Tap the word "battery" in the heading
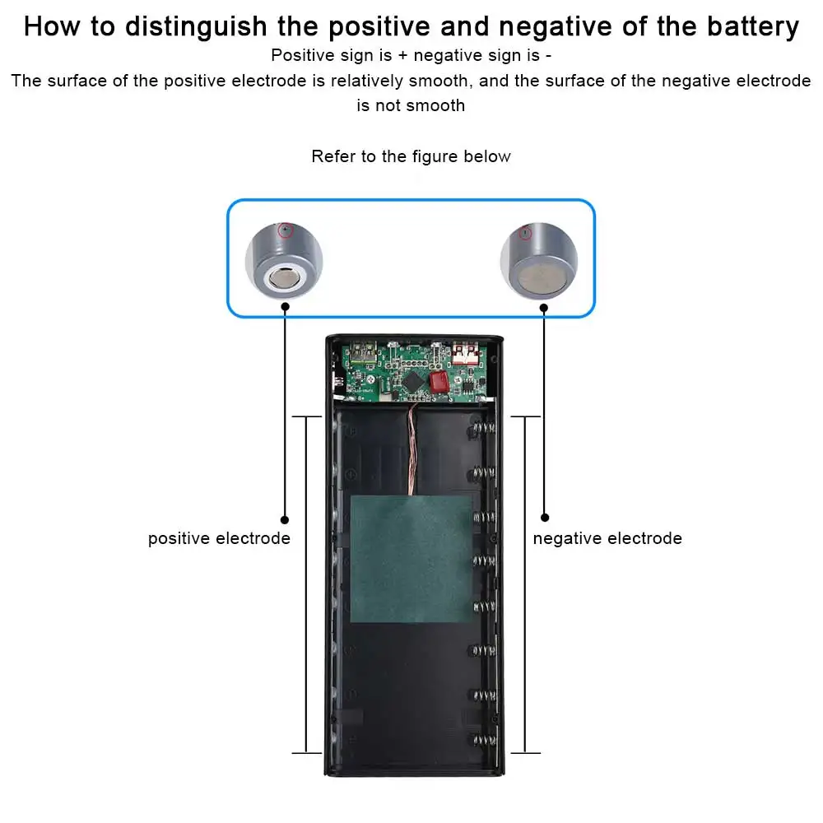click(x=751, y=26)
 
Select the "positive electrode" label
click(x=219, y=538)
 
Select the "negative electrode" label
click(x=607, y=538)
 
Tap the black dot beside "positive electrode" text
click(x=285, y=519)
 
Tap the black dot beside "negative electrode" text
click(x=544, y=518)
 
